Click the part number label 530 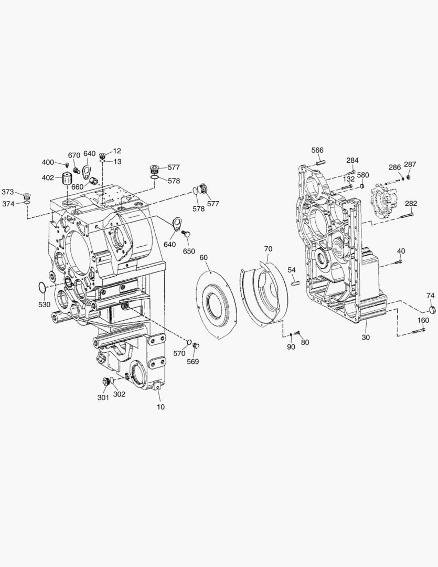(45, 304)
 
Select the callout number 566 (317, 150)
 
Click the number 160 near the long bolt (423, 320)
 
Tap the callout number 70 (268, 249)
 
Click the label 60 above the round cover (204, 257)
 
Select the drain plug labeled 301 (105, 382)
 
